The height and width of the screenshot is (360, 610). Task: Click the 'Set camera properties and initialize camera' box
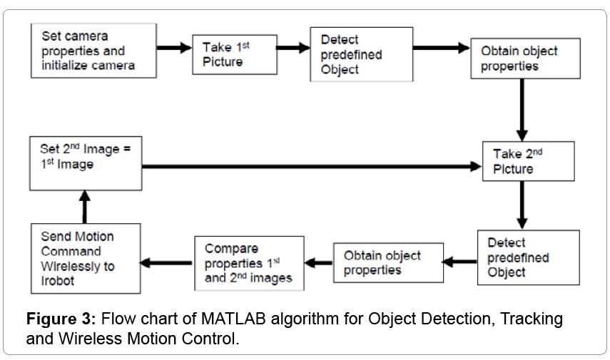click(x=93, y=51)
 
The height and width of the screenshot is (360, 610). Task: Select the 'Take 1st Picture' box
click(x=235, y=55)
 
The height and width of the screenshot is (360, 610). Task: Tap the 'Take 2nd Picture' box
click(x=533, y=161)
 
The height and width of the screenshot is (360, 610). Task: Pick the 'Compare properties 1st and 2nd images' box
click(x=249, y=264)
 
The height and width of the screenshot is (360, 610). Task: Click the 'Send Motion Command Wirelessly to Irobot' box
click(x=86, y=258)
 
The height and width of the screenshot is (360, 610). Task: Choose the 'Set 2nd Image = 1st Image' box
click(x=86, y=163)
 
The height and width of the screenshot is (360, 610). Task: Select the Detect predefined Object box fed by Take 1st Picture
click(x=361, y=55)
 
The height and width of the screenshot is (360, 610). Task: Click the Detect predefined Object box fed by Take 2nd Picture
click(x=528, y=257)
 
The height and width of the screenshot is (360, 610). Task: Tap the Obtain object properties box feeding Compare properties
click(x=388, y=262)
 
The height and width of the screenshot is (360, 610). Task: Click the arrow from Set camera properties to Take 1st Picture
click(x=175, y=48)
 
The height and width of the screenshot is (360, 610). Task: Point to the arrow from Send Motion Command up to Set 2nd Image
click(x=85, y=207)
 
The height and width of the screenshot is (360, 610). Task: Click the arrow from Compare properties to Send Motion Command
click(x=167, y=263)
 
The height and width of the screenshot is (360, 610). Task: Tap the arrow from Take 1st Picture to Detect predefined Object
click(x=293, y=48)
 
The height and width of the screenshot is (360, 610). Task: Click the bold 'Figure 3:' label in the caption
click(x=60, y=318)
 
